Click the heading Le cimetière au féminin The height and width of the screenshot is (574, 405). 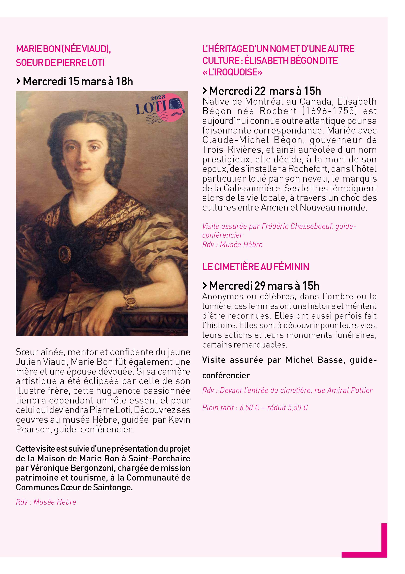[256, 267]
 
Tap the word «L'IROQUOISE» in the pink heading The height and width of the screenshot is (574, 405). [232, 72]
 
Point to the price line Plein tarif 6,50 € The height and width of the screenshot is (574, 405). [255, 408]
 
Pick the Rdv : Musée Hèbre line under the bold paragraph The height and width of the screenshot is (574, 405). [46, 502]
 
